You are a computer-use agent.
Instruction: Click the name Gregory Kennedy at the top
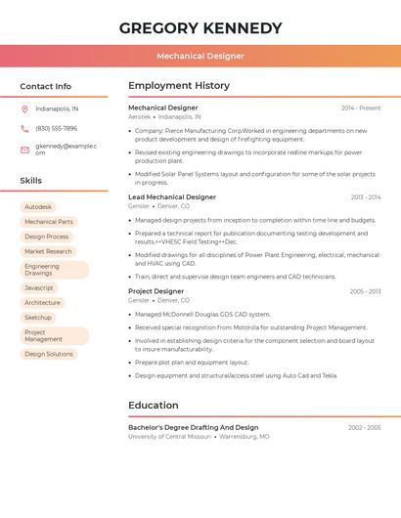[200, 28]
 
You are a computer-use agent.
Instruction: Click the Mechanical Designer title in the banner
[200, 56]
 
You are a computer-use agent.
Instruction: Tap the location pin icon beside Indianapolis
[24, 108]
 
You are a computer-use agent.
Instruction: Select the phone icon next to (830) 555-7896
[24, 128]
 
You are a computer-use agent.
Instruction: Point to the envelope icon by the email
[24, 150]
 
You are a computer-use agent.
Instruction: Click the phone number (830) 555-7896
[56, 128]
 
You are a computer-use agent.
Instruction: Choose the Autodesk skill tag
[38, 207]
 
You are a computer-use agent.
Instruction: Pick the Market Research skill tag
[48, 251]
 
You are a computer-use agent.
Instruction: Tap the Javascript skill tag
[39, 287]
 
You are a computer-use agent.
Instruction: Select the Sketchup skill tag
[38, 318]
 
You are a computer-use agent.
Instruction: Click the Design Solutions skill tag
[49, 354]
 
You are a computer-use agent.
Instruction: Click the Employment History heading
[179, 86]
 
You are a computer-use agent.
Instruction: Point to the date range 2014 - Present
[361, 108]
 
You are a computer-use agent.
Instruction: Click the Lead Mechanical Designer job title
[172, 197]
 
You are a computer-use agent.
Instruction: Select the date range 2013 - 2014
[366, 197]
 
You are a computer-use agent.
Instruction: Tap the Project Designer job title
[156, 291]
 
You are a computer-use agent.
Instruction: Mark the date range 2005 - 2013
[365, 291]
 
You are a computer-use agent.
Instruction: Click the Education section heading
[154, 405]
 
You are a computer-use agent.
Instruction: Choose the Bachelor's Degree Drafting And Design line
[194, 427]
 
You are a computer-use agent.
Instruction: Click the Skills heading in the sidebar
[31, 181]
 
